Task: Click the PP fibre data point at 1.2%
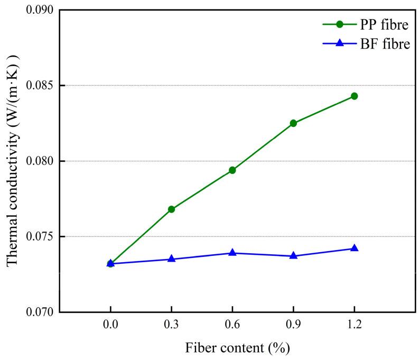(x=354, y=96)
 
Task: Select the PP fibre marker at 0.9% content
(x=293, y=123)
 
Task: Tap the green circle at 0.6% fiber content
(x=232, y=170)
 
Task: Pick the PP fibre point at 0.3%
(x=171, y=209)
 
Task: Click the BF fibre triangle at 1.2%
(x=354, y=248)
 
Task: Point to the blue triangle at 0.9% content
(x=293, y=256)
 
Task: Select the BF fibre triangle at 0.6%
(x=232, y=253)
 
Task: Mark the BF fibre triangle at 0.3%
(x=171, y=259)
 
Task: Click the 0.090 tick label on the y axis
(x=40, y=10)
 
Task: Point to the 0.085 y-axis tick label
(x=40, y=86)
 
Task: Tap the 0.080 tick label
(x=40, y=161)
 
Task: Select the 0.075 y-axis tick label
(x=40, y=237)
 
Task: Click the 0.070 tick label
(x=40, y=312)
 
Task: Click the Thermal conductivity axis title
(x=13, y=159)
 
